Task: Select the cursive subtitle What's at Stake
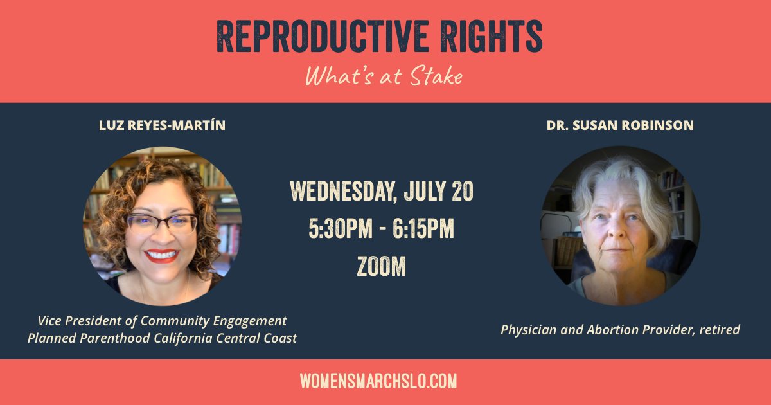point(384,76)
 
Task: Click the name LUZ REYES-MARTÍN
point(162,125)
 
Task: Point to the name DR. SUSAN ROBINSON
point(620,125)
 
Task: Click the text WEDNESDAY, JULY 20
point(382,191)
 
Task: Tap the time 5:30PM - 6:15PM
point(382,230)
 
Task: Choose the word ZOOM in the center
point(382,266)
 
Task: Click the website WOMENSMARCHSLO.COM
point(378,381)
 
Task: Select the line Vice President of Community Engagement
point(162,320)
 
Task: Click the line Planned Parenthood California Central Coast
point(162,337)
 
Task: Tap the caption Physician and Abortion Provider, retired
point(620,330)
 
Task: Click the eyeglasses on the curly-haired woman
point(162,223)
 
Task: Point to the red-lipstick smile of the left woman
point(161,255)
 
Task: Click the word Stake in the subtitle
point(438,76)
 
